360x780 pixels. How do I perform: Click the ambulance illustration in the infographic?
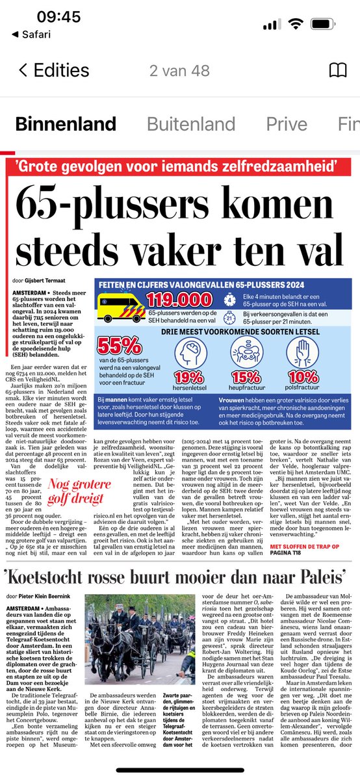tap(120, 305)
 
